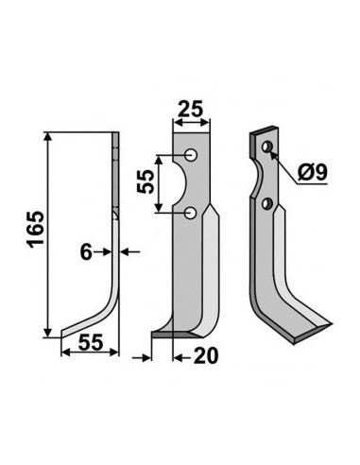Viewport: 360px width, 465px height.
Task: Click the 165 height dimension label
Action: click(36, 230)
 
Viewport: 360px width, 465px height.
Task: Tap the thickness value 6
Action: click(86, 252)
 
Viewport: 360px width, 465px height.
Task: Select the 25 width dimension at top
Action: click(190, 110)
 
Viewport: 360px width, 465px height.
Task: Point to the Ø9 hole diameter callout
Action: click(313, 172)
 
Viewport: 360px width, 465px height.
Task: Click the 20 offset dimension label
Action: click(206, 355)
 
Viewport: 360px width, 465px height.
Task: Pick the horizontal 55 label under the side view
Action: click(91, 342)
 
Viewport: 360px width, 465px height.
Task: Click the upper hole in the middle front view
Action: click(191, 155)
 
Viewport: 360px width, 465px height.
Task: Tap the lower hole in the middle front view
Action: click(191, 214)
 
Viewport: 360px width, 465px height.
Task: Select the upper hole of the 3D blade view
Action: click(267, 146)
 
